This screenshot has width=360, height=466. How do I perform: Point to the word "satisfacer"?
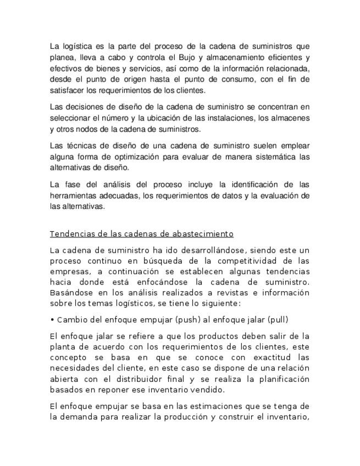click(66, 90)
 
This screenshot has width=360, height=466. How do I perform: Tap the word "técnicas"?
click(80, 146)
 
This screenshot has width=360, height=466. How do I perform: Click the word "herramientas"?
click(76, 196)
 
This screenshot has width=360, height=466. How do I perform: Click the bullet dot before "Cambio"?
click(52, 320)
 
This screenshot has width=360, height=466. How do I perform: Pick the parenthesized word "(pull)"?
click(278, 320)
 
